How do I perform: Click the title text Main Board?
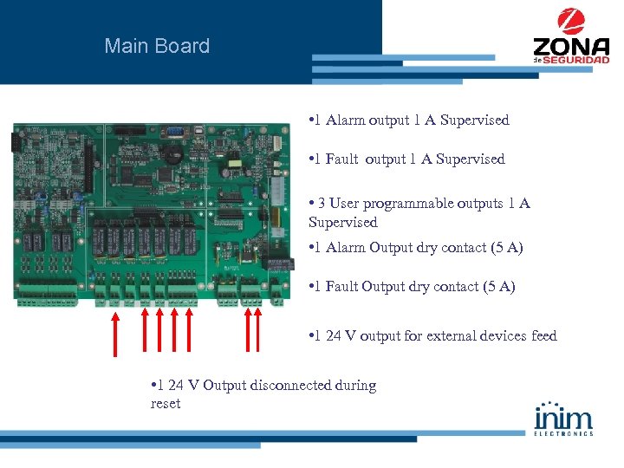click(x=157, y=46)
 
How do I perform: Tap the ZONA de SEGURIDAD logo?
click(x=570, y=38)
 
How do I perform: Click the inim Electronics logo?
click(x=564, y=419)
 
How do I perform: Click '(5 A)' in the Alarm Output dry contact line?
click(x=506, y=248)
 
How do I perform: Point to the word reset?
click(x=166, y=404)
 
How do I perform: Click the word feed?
click(x=541, y=336)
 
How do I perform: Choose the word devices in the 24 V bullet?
click(x=509, y=336)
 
